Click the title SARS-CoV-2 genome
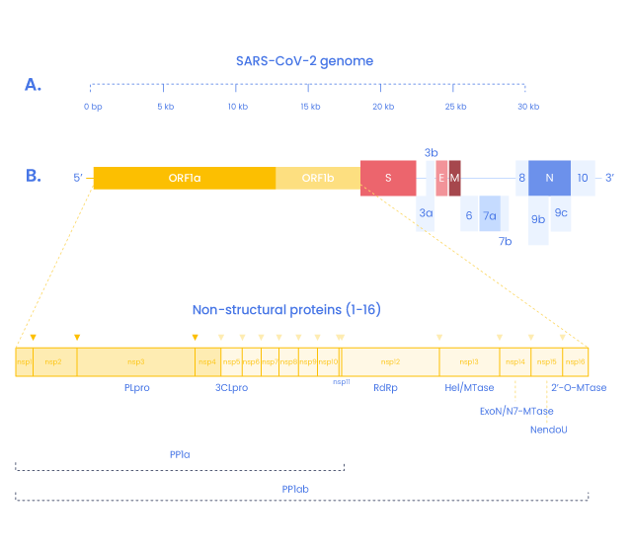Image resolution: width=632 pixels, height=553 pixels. [304, 61]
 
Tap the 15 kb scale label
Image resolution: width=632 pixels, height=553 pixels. [310, 107]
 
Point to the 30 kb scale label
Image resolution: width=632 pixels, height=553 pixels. [529, 107]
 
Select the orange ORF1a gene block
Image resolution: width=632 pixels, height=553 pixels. [184, 178]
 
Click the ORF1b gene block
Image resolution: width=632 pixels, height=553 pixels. [317, 178]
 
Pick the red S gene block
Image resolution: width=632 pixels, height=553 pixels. [388, 178]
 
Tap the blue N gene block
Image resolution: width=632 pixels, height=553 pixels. [549, 178]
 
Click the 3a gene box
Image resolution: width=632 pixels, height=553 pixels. [426, 213]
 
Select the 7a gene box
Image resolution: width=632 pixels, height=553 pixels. [490, 214]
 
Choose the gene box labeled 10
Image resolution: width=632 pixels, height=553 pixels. [583, 178]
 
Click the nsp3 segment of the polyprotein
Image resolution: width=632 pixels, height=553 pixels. [136, 362]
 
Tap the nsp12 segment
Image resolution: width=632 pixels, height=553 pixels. [390, 362]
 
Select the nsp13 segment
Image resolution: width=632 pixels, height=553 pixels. [469, 362]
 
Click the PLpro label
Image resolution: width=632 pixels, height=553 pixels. [136, 388]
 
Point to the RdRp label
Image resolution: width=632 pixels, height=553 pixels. [385, 388]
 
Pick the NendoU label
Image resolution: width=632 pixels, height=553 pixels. [548, 430]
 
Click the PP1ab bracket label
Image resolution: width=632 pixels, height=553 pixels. [295, 489]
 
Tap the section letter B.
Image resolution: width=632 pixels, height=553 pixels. [33, 177]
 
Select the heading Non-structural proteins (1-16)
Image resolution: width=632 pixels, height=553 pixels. [286, 310]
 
